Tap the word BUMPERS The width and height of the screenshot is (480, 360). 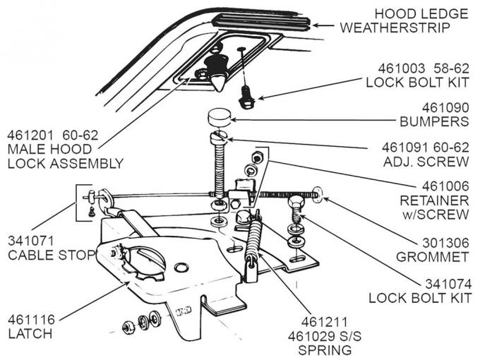(x=433, y=121)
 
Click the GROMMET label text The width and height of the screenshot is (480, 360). (x=431, y=256)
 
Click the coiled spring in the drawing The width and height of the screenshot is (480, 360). (x=253, y=239)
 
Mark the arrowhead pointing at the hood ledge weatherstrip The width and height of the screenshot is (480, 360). (x=316, y=25)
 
